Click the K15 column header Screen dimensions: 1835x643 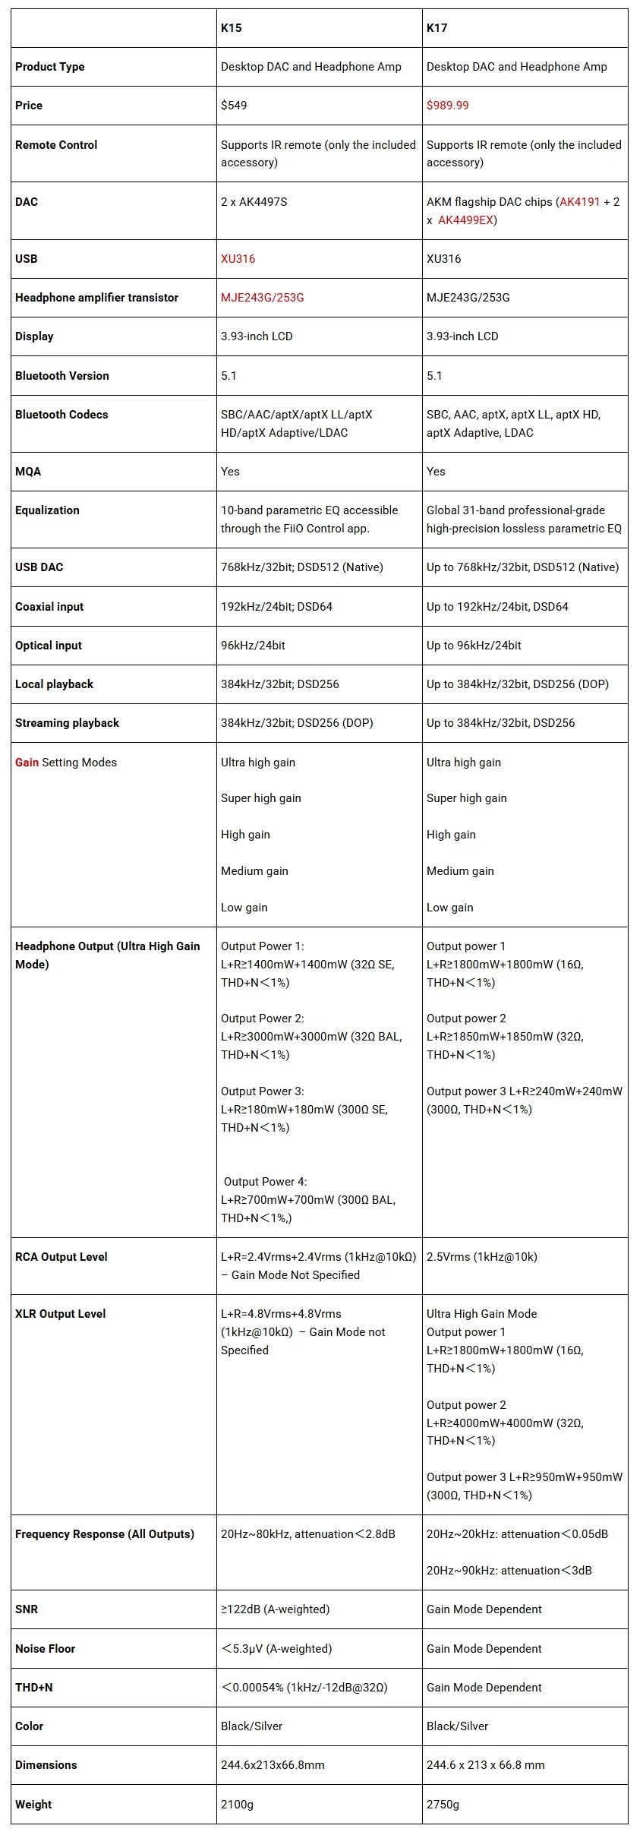(x=232, y=28)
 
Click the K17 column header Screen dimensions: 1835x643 (x=437, y=28)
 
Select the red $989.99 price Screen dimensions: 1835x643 (x=447, y=106)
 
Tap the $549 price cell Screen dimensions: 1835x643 (x=234, y=106)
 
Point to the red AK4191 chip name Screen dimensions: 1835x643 (x=580, y=202)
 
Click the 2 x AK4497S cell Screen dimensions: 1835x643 (x=254, y=202)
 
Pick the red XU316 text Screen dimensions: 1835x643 (x=238, y=259)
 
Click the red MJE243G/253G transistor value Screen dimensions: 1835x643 (x=262, y=298)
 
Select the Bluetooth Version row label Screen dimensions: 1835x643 (x=62, y=376)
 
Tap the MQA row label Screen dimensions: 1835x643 (x=28, y=472)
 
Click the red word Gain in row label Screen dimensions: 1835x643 (x=27, y=763)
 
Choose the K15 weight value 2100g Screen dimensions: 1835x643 (x=238, y=1804)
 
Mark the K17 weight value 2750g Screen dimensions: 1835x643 (x=443, y=1804)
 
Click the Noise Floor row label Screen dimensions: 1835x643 (x=46, y=1648)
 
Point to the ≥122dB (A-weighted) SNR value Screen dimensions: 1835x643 (x=275, y=1609)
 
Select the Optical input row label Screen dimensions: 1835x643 (x=49, y=646)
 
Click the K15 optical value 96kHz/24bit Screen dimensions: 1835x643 (x=254, y=646)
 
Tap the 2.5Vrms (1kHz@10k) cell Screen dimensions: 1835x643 (x=482, y=1257)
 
